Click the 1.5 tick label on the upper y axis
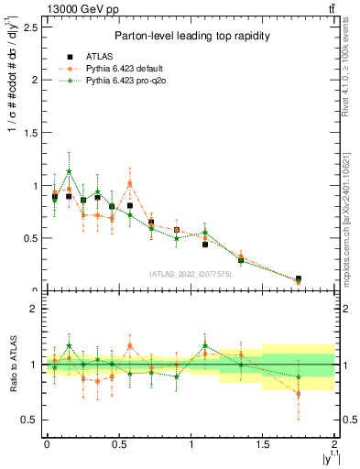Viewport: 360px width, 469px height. coord(27,132)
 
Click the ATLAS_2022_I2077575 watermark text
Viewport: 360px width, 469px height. coord(189,273)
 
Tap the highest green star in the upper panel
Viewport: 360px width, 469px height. coord(69,171)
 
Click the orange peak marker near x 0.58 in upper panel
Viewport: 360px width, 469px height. coord(130,183)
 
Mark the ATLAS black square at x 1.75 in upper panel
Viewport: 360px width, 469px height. coord(299,278)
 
